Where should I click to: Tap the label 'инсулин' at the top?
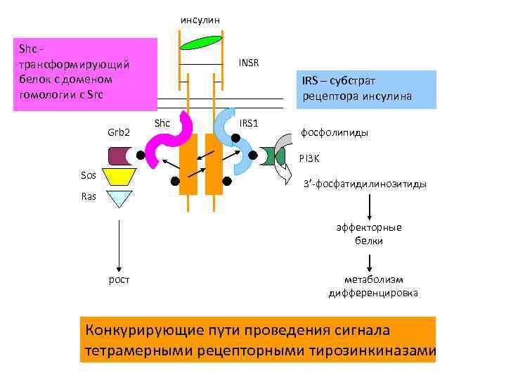pos(200,19)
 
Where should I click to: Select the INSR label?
pos(248,63)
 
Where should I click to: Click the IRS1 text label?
pos(249,123)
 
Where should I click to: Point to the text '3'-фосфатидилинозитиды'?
pos(364,184)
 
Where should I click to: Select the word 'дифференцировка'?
pos(373,292)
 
